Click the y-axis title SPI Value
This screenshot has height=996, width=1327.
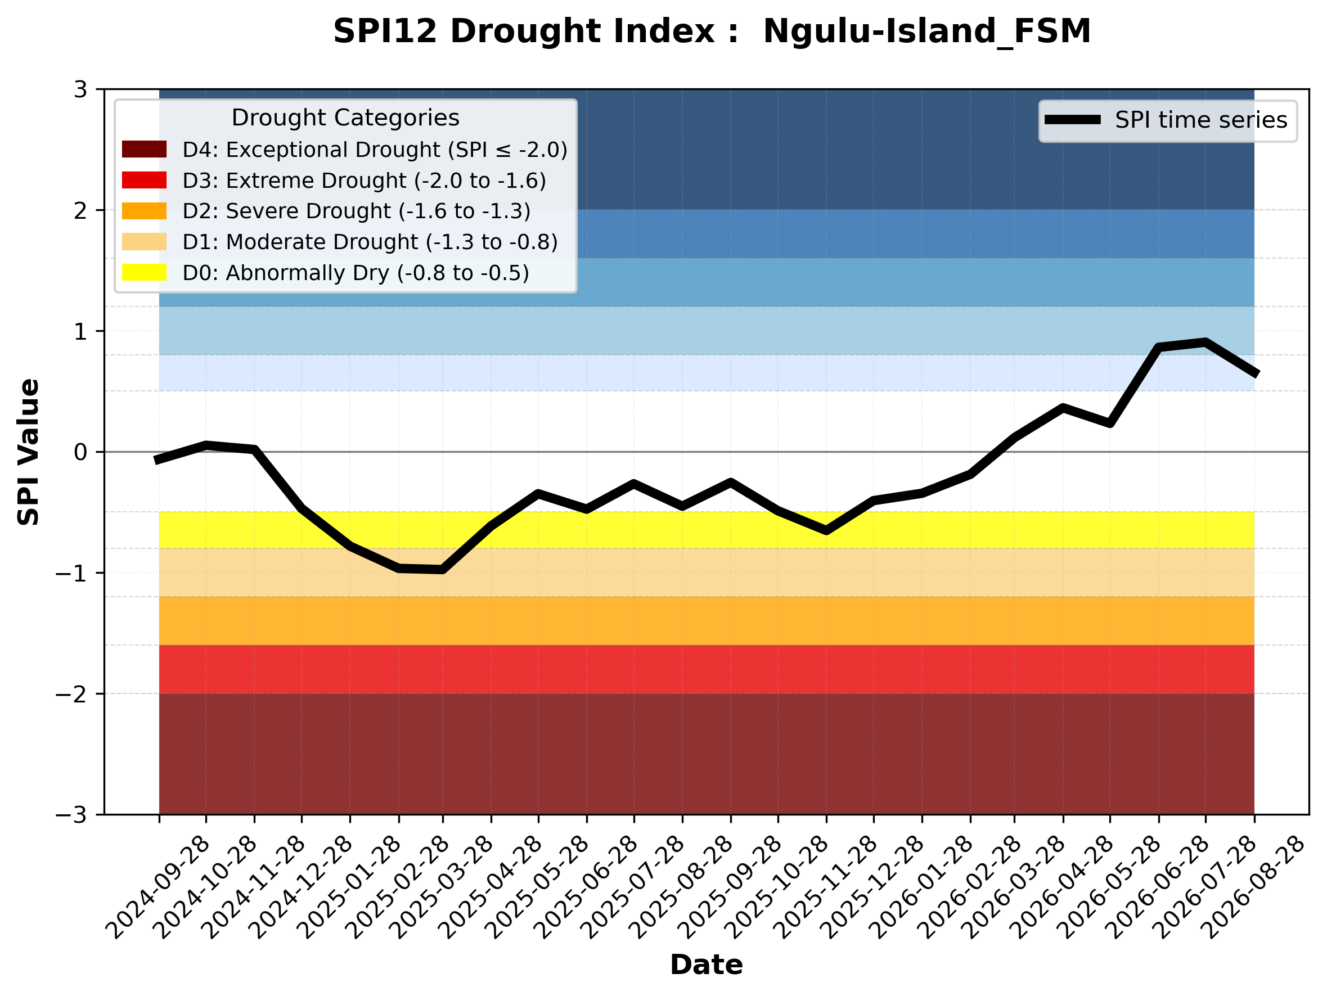pyautogui.click(x=28, y=452)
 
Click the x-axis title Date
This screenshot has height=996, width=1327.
pyautogui.click(x=706, y=965)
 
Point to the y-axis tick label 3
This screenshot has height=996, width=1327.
pyautogui.click(x=80, y=89)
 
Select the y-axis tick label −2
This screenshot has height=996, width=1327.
pyautogui.click(x=71, y=694)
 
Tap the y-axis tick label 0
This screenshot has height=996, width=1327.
pyautogui.click(x=80, y=452)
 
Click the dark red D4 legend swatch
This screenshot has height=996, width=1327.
pyautogui.click(x=144, y=149)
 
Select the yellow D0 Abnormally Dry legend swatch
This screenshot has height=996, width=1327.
pyautogui.click(x=144, y=272)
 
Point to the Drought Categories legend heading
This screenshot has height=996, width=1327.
pyautogui.click(x=345, y=118)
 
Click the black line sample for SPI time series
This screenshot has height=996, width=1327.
pyautogui.click(x=1073, y=120)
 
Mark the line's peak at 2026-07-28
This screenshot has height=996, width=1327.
pyautogui.click(x=1204, y=342)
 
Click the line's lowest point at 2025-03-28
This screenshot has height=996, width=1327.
pyautogui.click(x=443, y=570)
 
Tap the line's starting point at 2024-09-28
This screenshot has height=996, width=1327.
pyautogui.click(x=158, y=460)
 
